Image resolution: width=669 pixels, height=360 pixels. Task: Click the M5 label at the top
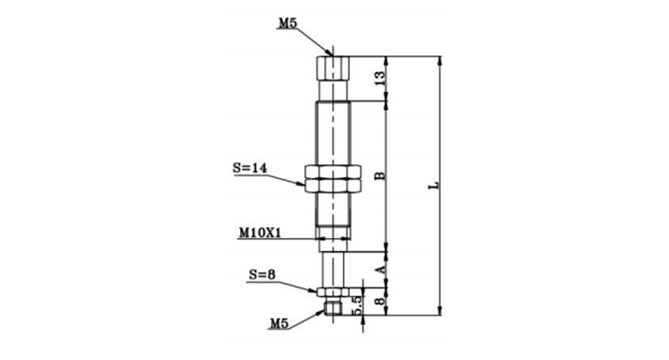[287, 23]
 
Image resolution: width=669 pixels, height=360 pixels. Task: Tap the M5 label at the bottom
[280, 324]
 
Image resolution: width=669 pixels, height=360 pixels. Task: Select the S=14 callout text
[250, 168]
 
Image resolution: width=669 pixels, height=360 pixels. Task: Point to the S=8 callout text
[262, 275]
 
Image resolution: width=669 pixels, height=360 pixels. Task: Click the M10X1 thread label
[260, 233]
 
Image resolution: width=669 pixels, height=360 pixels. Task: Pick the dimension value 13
[380, 78]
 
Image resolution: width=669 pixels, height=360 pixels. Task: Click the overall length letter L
[434, 185]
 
